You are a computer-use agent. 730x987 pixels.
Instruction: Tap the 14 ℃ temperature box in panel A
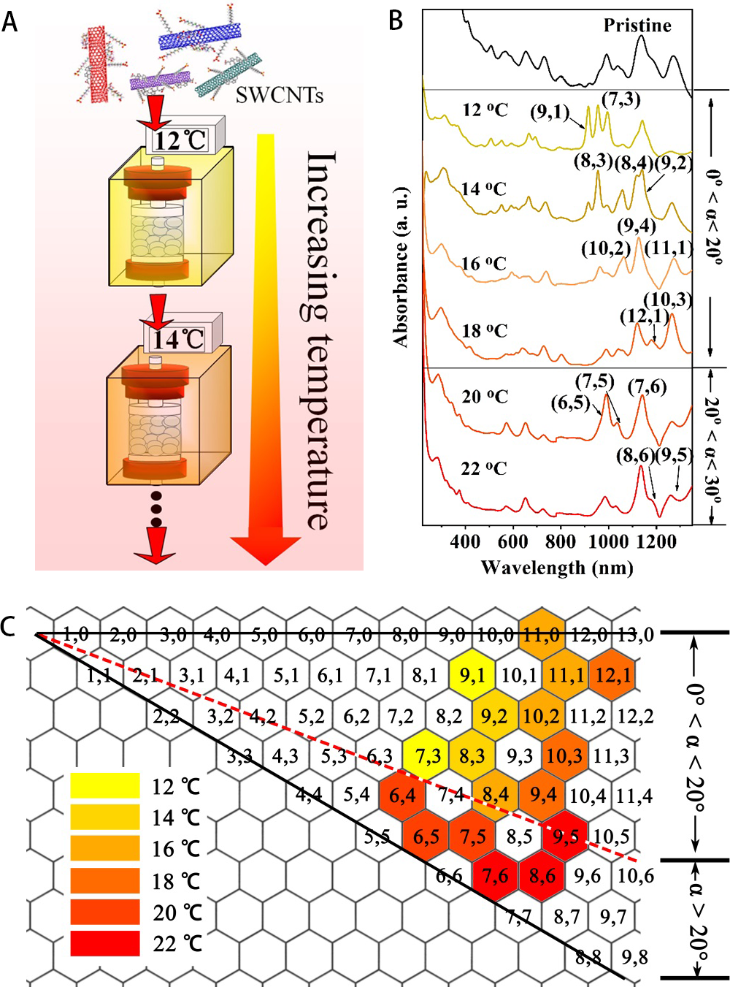click(x=178, y=338)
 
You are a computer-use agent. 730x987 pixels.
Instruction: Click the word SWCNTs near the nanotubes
click(x=279, y=94)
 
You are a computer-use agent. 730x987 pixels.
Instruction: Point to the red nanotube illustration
click(x=98, y=64)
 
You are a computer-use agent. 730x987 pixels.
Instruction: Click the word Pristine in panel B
click(x=637, y=26)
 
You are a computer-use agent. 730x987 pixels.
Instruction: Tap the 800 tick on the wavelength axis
click(x=560, y=541)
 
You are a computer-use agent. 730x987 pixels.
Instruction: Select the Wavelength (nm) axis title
click(x=556, y=568)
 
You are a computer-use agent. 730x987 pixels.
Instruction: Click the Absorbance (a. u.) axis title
click(x=401, y=266)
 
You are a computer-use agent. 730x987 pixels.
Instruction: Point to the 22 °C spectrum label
click(x=483, y=468)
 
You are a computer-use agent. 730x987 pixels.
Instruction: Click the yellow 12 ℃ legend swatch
click(x=105, y=785)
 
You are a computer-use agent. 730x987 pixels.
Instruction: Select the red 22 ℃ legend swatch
click(x=105, y=943)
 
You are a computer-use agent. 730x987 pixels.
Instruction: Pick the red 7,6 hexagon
click(x=495, y=874)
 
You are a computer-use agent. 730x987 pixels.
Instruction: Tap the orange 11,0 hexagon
click(x=542, y=634)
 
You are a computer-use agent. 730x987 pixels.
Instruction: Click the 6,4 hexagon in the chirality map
click(x=402, y=795)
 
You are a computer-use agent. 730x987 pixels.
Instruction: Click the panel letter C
click(x=9, y=627)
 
